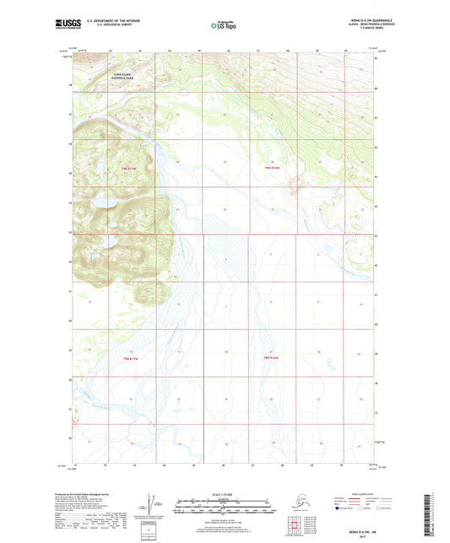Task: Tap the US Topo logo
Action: click(x=224, y=25)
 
